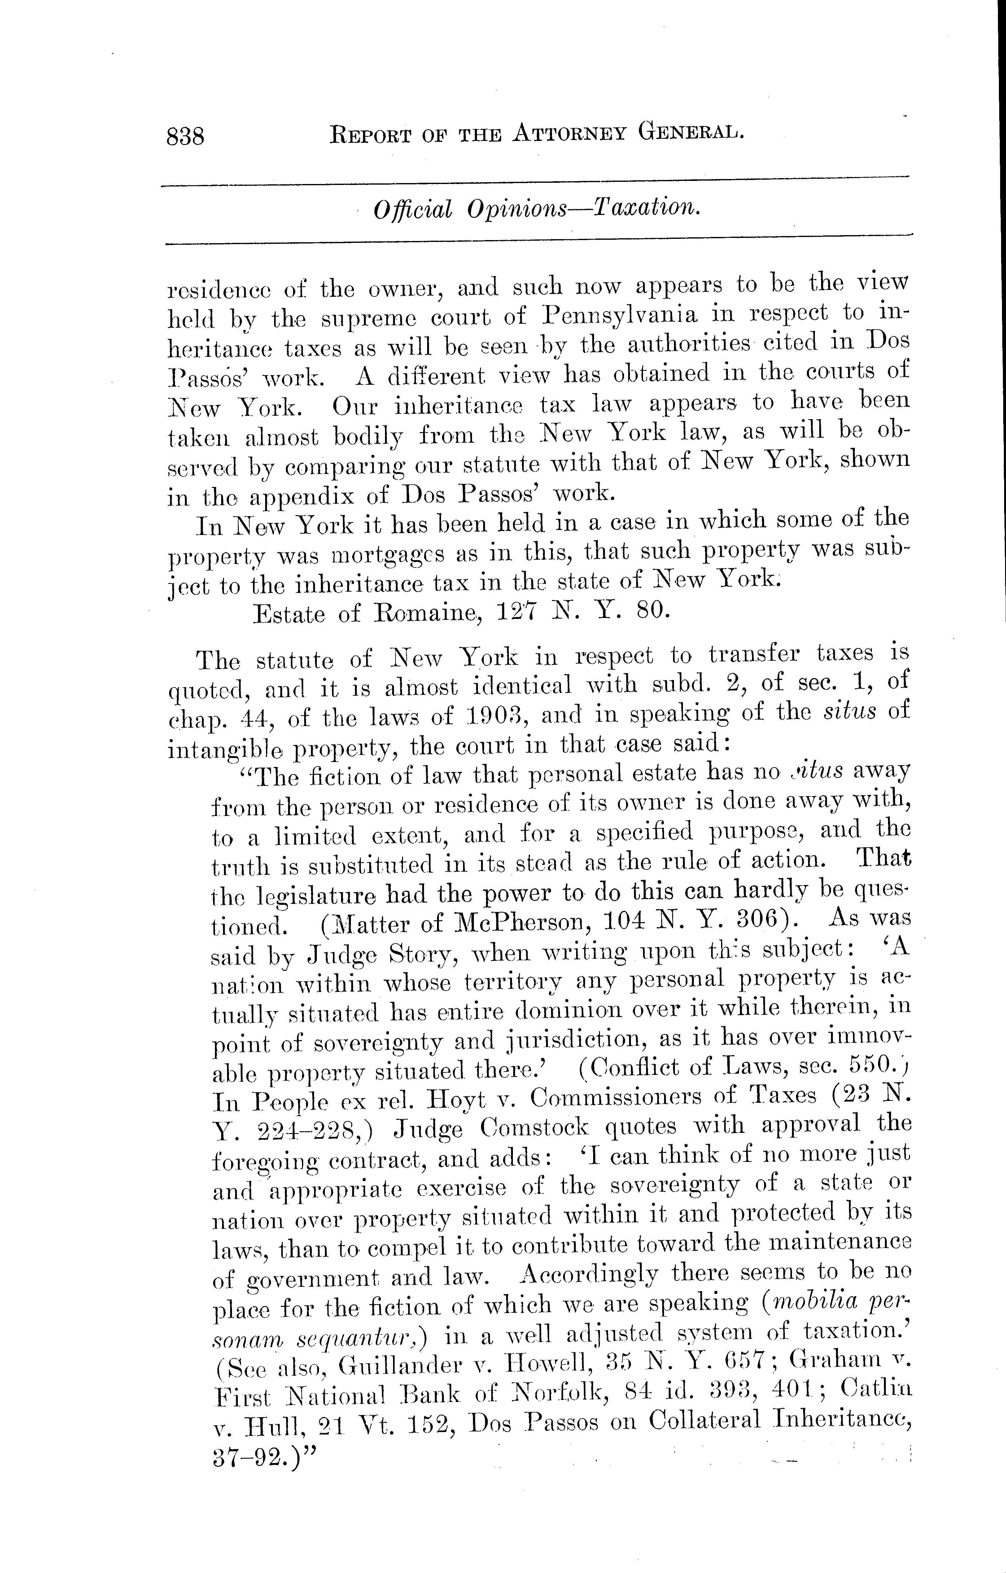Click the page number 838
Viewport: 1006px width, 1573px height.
(x=186, y=137)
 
